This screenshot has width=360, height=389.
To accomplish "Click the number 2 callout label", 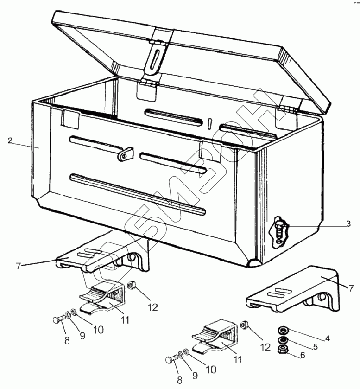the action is pyautogui.click(x=10, y=140).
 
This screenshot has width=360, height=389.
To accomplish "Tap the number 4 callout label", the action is pyautogui.click(x=327, y=338).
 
